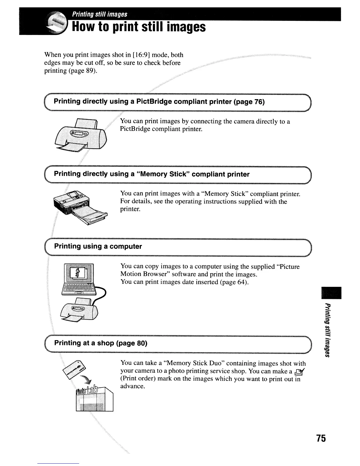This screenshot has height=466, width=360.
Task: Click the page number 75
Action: (x=321, y=438)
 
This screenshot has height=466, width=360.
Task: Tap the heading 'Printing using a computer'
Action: (x=98, y=247)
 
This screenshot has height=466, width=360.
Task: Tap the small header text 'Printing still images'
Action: (x=100, y=14)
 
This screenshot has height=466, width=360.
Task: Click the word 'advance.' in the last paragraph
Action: (x=133, y=386)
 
